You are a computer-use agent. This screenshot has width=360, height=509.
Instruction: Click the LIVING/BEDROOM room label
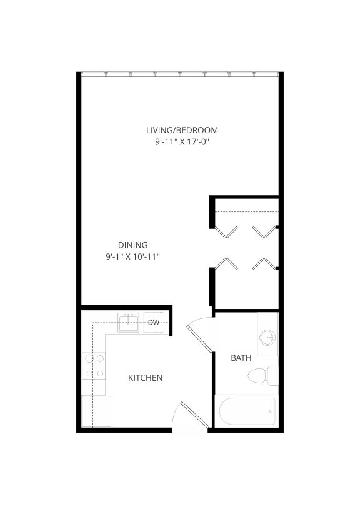tap(182, 130)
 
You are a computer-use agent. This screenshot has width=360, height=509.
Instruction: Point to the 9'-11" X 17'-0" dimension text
tap(182, 142)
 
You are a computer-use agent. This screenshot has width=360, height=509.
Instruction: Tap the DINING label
tap(132, 245)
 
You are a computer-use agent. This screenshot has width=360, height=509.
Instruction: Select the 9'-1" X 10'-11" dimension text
tap(132, 257)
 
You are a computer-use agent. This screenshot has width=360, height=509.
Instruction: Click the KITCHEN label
tap(145, 378)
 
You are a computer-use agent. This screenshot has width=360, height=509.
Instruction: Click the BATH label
tap(241, 358)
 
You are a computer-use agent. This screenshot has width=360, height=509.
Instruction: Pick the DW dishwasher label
tap(154, 322)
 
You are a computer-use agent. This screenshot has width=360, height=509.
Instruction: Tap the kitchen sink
tap(128, 322)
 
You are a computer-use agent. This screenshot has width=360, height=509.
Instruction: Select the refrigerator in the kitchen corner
tap(96, 411)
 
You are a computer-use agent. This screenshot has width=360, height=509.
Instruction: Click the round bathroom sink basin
tap(267, 338)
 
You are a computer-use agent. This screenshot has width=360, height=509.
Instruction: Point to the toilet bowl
tap(257, 376)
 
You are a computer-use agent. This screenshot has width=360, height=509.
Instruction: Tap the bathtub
tap(247, 411)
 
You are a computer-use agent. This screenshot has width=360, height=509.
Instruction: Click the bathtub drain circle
tap(270, 411)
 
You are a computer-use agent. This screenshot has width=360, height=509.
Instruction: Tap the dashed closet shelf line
tap(247, 211)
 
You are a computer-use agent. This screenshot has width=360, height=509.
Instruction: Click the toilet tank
tap(273, 376)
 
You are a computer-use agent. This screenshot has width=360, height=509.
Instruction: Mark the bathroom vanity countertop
tap(268, 335)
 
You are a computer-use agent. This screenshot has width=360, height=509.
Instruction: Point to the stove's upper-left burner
tap(89, 359)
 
